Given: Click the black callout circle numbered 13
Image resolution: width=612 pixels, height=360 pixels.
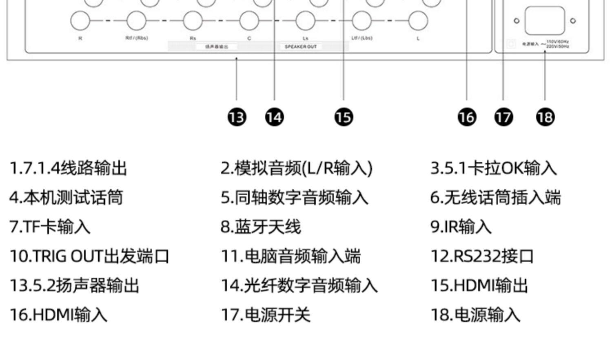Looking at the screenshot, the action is click(237, 117).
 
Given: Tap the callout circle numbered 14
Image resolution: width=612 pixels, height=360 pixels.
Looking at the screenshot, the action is click(274, 117).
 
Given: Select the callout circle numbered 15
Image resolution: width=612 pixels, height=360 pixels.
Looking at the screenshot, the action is click(344, 117).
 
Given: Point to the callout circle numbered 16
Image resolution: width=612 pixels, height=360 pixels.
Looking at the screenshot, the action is click(467, 117).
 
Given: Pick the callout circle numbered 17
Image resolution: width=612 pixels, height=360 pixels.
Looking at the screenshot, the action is click(503, 117).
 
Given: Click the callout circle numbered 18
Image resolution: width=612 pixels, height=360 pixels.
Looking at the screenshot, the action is click(545, 117).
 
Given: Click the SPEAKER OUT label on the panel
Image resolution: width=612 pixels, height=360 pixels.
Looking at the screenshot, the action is click(300, 47).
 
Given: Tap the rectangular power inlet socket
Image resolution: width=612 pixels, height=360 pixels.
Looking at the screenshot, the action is click(545, 20).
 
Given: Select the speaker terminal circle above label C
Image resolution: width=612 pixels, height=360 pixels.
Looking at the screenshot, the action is click(249, 20).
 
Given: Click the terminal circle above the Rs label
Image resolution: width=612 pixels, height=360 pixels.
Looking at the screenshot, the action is click(193, 20).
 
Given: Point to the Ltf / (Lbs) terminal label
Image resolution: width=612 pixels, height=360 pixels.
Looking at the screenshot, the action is click(361, 38).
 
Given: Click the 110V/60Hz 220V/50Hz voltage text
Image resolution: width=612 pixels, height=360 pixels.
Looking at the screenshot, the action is click(557, 44).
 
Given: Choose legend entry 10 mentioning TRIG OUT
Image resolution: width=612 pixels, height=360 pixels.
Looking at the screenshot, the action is click(89, 256).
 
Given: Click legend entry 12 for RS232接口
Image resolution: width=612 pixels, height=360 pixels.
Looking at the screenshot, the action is click(482, 256).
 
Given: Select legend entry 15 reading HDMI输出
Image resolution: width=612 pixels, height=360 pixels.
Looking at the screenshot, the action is click(479, 286).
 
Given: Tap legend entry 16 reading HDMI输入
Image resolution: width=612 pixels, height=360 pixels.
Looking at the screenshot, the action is click(58, 315).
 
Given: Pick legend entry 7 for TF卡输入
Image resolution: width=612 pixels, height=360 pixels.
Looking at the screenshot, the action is click(50, 227).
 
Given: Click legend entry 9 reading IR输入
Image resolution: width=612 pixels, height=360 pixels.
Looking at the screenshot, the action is click(461, 227).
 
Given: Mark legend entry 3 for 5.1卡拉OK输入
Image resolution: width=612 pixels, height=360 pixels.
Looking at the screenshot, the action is click(493, 168).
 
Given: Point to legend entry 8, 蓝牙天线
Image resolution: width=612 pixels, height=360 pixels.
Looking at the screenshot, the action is click(261, 227).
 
